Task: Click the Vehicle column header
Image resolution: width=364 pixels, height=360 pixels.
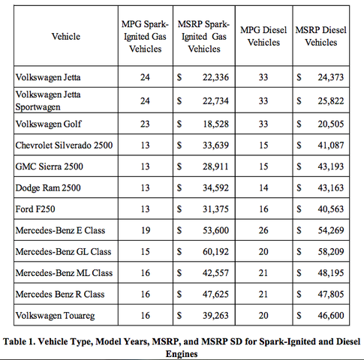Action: click(66, 37)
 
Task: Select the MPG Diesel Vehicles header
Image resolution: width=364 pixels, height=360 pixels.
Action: click(263, 36)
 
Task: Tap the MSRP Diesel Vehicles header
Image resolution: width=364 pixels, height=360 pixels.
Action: click(321, 36)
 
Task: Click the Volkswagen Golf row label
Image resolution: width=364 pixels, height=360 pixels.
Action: click(48, 124)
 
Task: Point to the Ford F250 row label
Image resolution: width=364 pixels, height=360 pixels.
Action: click(35, 209)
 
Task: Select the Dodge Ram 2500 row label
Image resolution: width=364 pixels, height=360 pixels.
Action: click(48, 188)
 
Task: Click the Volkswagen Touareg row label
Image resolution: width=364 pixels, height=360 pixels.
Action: click(55, 316)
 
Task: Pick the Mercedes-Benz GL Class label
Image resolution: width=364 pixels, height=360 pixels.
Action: click(63, 251)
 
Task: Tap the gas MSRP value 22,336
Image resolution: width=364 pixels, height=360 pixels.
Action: click(215, 77)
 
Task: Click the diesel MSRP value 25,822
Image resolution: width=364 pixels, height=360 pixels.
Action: click(331, 101)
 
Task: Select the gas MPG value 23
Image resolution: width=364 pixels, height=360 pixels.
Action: click(145, 124)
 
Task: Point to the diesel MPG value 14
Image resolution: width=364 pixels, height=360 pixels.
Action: click(263, 187)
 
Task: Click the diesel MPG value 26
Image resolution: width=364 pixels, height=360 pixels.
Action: click(263, 230)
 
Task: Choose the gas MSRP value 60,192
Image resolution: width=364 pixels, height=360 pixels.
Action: click(215, 251)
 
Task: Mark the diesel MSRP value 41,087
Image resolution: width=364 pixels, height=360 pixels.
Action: click(331, 145)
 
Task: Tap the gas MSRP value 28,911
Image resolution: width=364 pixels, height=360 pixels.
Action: click(215, 166)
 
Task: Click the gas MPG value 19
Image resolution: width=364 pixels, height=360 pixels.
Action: click(146, 230)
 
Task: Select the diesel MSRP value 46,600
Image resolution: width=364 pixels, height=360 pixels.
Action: click(331, 316)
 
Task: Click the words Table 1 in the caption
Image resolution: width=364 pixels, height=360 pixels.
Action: click(19, 341)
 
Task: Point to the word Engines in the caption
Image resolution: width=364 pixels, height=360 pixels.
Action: click(182, 354)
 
